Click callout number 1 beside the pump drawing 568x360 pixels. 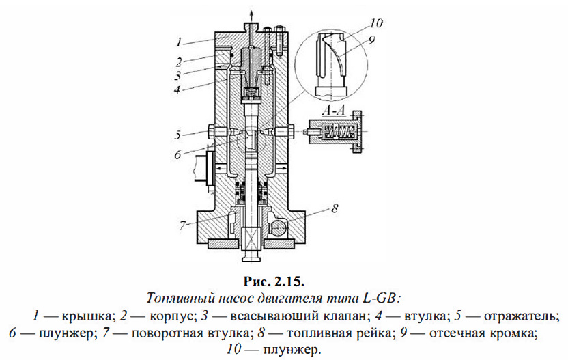coord(179,41)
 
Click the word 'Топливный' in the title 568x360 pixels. coord(174,298)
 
